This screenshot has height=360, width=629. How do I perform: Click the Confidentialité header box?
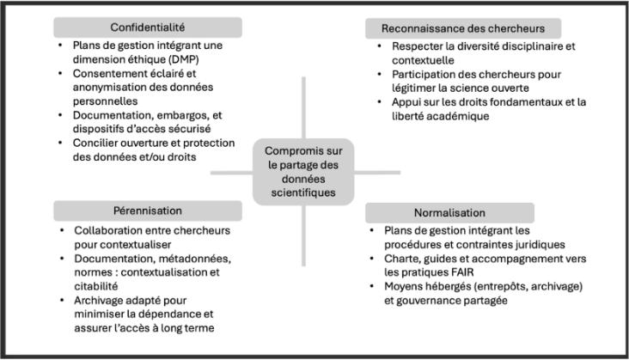[148, 27]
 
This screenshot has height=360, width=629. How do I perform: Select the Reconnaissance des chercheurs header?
[463, 28]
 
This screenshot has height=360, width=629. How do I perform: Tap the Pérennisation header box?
[148, 211]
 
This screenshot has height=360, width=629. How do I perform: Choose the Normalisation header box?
[449, 213]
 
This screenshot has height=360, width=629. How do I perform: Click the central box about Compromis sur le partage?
[303, 172]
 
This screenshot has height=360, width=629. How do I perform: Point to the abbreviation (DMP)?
[183, 60]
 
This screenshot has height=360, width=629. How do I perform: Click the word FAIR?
[462, 272]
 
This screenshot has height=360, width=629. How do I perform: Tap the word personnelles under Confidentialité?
[105, 101]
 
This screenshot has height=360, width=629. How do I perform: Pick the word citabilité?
[96, 286]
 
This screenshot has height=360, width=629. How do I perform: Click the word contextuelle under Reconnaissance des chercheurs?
[423, 60]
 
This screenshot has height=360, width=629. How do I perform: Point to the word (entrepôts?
[497, 287]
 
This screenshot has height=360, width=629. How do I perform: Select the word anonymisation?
[106, 88]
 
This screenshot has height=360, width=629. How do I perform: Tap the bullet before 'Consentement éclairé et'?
[60, 73]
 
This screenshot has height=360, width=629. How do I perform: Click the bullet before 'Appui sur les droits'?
[380, 102]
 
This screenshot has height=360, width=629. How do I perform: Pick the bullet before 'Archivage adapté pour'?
[62, 300]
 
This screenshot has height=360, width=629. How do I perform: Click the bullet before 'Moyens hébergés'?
[372, 286]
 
